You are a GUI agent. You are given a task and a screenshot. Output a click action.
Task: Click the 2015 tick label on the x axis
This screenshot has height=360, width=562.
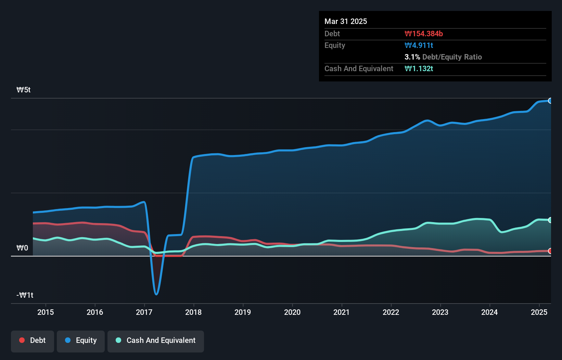click(46, 312)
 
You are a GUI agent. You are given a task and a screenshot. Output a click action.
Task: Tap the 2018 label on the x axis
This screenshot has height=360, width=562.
click(193, 312)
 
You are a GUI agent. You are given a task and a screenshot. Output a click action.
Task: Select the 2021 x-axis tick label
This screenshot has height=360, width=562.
click(342, 312)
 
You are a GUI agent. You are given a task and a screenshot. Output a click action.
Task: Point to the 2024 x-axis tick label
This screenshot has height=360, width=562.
click(489, 312)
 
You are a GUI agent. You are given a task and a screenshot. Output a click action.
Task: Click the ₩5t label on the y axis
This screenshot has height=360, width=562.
click(24, 90)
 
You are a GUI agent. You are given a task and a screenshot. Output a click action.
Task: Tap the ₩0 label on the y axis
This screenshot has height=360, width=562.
click(22, 248)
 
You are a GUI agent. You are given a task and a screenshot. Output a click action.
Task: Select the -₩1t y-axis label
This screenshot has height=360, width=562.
click(25, 295)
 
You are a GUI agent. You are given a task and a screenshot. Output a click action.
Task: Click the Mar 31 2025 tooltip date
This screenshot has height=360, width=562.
click(346, 22)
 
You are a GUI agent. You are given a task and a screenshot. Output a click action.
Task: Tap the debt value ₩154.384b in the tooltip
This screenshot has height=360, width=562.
click(424, 34)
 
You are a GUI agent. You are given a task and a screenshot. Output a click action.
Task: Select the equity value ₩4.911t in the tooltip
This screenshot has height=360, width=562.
click(419, 46)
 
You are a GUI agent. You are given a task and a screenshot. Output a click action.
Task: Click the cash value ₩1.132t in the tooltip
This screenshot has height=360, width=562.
click(419, 69)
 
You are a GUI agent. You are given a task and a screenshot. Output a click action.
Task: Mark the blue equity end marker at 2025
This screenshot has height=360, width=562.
click(550, 101)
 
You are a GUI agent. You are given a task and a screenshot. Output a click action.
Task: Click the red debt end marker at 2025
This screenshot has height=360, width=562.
click(550, 251)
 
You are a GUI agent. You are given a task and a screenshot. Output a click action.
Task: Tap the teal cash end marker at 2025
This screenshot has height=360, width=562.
click(550, 220)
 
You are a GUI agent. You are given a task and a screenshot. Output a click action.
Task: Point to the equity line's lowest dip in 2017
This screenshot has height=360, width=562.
click(156, 294)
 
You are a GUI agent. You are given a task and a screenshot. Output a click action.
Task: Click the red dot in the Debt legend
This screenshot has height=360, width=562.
click(22, 340)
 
